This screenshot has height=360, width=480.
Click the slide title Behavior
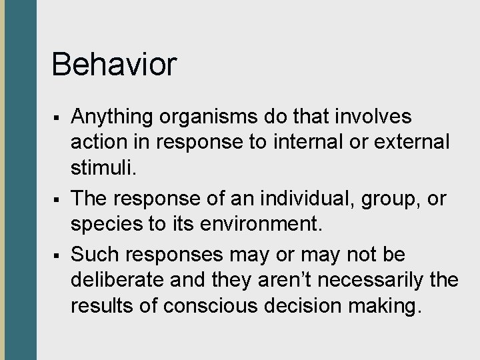pos(114,65)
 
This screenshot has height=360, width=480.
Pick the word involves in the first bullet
pos(375,117)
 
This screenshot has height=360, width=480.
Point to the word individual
pos(295,199)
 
